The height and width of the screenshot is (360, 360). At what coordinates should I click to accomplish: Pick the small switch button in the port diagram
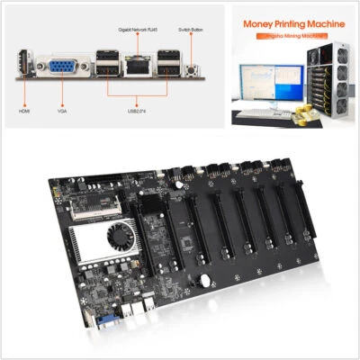(191, 67)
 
